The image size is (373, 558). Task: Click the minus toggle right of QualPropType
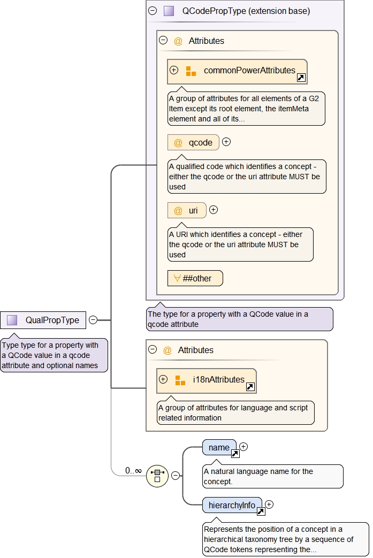point(93,320)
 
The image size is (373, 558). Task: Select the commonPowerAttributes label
point(249,70)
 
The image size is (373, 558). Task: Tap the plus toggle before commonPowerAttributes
point(174,70)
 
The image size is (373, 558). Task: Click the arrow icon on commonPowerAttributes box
point(301,78)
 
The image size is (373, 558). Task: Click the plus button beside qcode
point(226,142)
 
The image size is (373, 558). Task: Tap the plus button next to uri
point(214,210)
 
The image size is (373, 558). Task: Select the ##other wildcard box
point(195,278)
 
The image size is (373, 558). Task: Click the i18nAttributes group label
point(218,379)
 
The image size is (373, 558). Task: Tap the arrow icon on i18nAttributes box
point(250,387)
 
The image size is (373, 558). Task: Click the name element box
point(219,447)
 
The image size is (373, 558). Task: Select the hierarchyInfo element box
point(232,505)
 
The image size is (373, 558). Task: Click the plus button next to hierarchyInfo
point(269,504)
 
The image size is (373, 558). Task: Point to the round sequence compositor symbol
point(157,475)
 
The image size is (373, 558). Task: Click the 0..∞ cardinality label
point(133,471)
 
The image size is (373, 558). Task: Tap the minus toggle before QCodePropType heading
point(153,11)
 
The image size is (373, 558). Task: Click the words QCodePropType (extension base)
point(246,11)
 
